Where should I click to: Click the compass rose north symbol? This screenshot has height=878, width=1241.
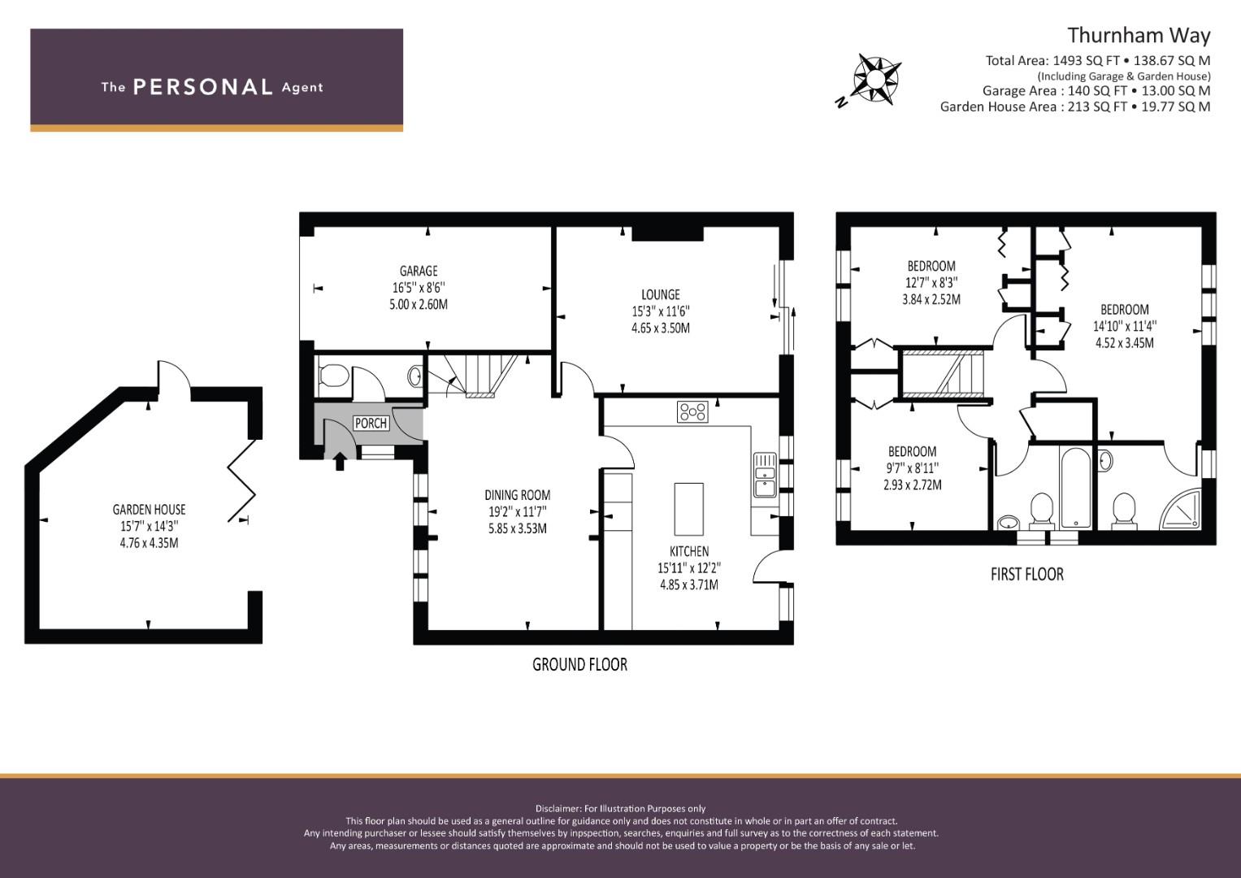point(874,79)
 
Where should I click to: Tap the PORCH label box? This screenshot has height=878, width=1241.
point(371,423)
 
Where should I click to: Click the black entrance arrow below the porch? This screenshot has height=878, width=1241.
point(339,462)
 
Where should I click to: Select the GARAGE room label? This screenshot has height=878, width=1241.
point(419,271)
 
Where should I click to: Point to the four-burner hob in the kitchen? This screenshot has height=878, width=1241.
point(692,411)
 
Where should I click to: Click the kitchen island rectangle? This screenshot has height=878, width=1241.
point(688,509)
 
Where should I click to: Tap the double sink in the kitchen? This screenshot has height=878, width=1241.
point(764,475)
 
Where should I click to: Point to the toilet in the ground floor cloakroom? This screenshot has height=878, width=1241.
point(334,376)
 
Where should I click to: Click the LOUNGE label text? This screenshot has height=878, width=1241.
point(660,294)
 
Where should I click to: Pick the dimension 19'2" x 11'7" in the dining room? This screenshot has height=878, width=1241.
point(517,511)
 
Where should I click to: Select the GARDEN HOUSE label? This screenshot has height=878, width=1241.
point(149,510)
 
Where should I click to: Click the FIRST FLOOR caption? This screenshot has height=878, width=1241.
point(1026,574)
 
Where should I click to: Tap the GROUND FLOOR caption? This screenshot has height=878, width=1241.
point(579,664)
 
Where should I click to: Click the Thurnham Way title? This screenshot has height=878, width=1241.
point(1138,35)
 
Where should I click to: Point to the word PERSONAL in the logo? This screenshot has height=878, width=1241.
point(202,87)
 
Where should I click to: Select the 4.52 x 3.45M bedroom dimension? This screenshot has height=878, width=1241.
point(1124,343)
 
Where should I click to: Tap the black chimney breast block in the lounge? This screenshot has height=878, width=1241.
point(667,233)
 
